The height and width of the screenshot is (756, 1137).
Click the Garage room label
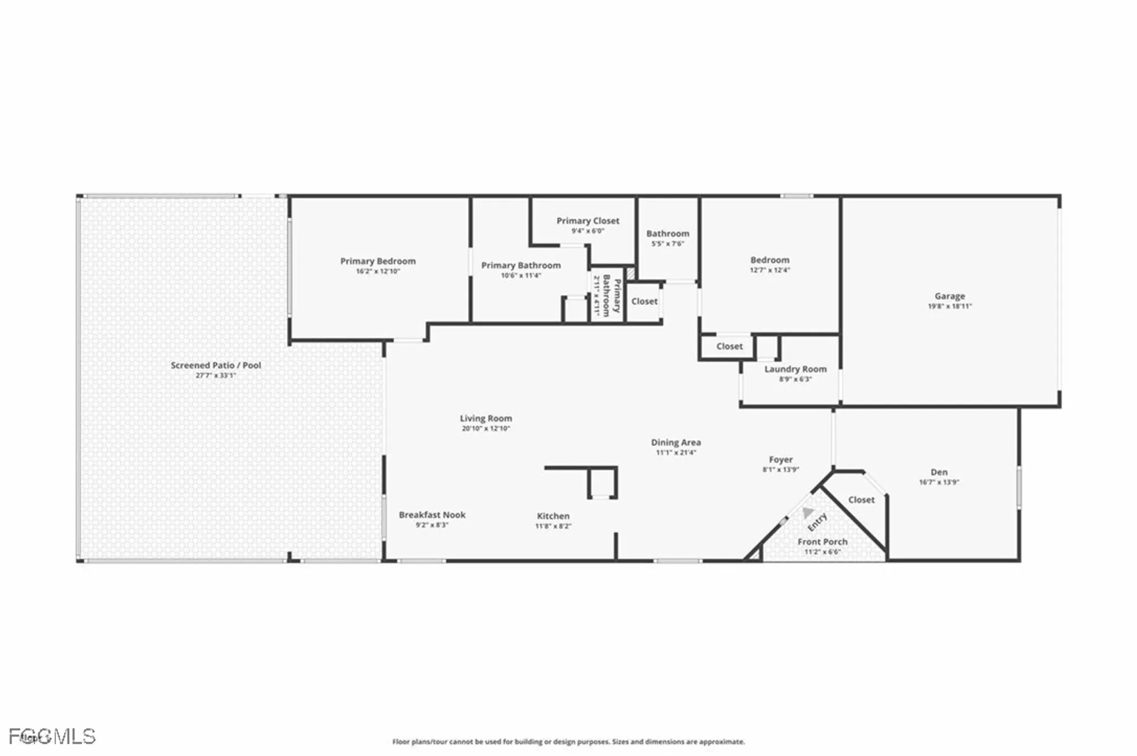click(949, 296)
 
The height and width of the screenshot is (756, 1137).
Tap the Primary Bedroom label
click(377, 261)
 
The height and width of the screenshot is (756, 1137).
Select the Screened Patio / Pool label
click(215, 365)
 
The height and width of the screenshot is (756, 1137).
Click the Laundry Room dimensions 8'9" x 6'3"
click(795, 379)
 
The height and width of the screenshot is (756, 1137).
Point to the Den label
click(939, 472)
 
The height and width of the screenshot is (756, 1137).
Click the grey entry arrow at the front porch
click(807, 513)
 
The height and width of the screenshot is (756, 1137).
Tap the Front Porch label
click(822, 542)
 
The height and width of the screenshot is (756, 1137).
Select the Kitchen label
click(553, 516)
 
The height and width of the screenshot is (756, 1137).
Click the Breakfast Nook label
click(432, 515)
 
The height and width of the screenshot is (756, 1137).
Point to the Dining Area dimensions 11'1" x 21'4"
click(675, 453)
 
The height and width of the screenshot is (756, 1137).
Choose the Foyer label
click(781, 460)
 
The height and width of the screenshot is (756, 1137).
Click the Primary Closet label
click(588, 221)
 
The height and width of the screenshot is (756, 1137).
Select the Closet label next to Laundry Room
click(729, 346)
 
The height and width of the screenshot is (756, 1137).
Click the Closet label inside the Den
click(861, 500)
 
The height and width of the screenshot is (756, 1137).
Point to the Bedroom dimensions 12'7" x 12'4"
click(770, 270)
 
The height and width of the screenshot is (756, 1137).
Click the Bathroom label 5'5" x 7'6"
click(667, 233)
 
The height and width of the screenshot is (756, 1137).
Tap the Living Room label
click(485, 418)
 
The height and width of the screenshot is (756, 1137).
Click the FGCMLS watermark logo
click(52, 736)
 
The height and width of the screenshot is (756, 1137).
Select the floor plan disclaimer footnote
click(568, 741)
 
